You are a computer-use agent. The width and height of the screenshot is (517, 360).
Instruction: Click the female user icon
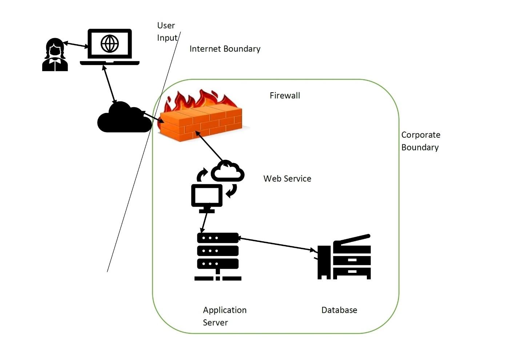coord(55,55)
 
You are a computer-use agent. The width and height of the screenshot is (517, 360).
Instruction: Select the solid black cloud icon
coord(124,118)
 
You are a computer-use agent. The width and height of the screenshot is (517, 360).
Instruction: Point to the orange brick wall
coord(201,123)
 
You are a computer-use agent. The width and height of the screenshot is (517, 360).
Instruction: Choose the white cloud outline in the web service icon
coord(228,171)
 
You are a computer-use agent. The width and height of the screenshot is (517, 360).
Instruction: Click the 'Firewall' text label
coord(285,96)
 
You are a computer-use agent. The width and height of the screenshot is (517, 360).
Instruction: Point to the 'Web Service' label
coord(287,179)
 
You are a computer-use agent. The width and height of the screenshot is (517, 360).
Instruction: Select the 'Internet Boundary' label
coord(225,49)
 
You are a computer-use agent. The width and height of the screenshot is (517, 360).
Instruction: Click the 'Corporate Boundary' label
coord(421,141)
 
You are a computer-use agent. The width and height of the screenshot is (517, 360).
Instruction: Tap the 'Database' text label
coord(339,310)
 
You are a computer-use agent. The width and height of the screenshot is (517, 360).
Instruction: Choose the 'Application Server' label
coord(224,316)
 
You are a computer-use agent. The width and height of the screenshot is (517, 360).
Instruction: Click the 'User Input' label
coord(167,32)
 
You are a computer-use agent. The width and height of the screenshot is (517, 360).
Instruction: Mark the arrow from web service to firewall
coord(209,146)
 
